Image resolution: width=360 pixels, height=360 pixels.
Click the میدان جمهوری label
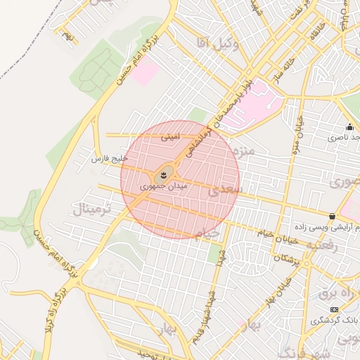tap(164, 186)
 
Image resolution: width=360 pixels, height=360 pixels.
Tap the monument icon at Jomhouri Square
tap(165, 172)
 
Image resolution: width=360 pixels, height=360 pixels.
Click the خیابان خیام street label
tap(278, 236)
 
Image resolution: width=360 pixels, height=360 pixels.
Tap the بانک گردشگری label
tap(336, 320)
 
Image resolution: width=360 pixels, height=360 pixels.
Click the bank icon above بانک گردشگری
tap(333, 309)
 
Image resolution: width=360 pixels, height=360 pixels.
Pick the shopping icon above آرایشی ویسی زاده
tap(332, 216)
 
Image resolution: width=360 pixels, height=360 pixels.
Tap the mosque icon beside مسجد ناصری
tap(349, 127)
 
